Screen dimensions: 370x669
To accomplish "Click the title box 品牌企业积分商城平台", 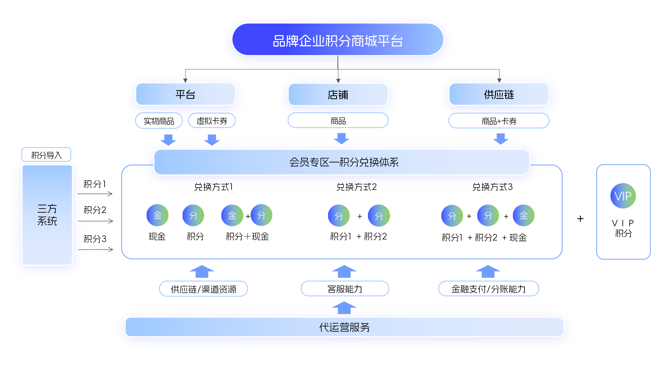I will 338,40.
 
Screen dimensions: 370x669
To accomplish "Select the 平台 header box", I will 185,94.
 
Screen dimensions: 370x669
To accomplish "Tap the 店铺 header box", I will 338,95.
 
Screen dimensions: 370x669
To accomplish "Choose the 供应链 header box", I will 499,94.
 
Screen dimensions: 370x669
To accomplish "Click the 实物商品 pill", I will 159,121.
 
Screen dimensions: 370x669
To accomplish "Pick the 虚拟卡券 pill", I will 212,121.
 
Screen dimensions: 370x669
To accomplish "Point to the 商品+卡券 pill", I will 499,121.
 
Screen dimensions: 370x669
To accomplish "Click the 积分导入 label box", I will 46,155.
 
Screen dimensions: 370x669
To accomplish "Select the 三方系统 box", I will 47,215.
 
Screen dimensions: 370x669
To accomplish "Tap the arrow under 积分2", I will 95,221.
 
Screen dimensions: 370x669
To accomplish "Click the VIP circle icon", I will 623,196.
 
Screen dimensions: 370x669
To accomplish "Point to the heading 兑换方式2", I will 357,187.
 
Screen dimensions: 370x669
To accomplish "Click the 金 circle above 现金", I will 157,215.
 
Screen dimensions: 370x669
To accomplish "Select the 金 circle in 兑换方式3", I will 523,215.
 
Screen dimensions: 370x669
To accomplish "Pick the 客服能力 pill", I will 345,289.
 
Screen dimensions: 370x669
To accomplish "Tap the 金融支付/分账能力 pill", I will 488,289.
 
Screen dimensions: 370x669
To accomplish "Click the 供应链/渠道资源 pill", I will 203,289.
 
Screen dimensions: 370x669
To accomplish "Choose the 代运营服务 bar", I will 345,327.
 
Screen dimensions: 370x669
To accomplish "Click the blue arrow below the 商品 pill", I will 341,138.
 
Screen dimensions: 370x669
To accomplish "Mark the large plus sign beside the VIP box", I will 580,219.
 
